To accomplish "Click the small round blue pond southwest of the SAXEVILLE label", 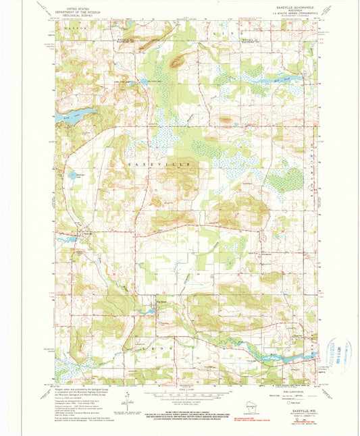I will (72, 175).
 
